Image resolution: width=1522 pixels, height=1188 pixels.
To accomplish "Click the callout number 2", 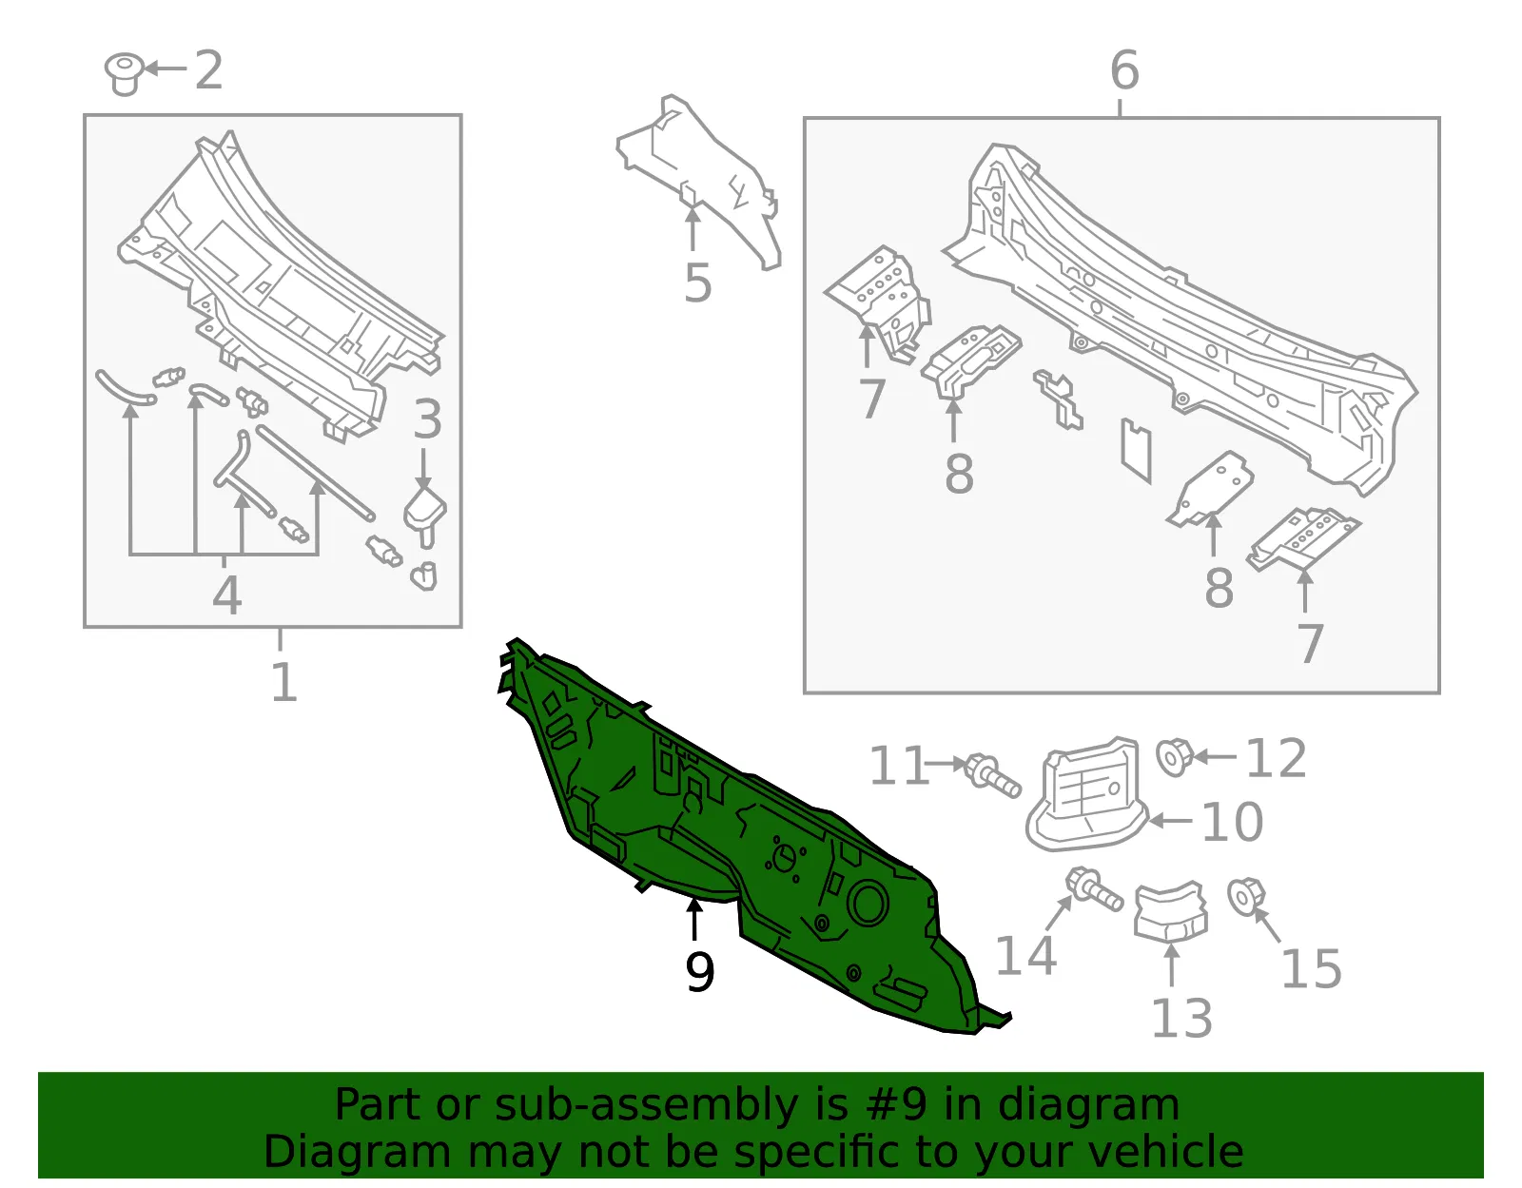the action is tap(208, 70).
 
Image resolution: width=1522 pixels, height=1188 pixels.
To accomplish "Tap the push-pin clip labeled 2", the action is tap(124, 73).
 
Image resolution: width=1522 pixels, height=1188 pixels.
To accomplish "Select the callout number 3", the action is tap(427, 419).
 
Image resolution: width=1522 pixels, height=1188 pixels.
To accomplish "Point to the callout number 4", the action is tap(227, 594).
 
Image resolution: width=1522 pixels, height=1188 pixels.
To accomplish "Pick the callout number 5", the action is tap(1125, 70).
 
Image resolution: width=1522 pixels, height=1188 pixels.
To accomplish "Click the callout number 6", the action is tap(700, 972).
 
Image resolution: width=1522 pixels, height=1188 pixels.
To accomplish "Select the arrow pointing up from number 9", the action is tap(694, 919).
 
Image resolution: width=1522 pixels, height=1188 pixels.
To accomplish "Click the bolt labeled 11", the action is tap(992, 775).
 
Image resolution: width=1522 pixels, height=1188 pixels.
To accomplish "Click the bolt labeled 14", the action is tap(1094, 889).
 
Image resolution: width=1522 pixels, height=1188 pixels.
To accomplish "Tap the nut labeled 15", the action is tap(1247, 897).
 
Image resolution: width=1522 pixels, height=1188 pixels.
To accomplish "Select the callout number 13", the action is tap(1181, 1018).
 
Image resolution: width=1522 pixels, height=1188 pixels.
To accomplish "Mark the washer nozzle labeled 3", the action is tap(425, 516).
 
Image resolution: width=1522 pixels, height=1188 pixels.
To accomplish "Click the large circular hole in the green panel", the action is tap(868, 903).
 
